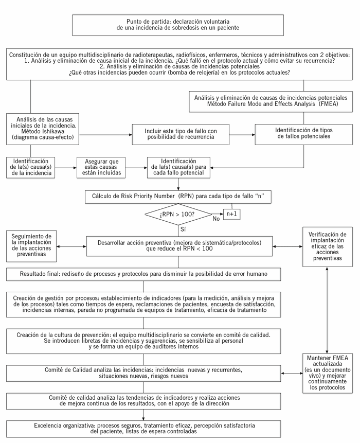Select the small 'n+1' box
pyautogui.click(x=232, y=212)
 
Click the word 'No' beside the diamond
pyautogui.click(x=215, y=219)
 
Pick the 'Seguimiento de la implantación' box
pyautogui.click(x=32, y=244)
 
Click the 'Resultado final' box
pyautogui.click(x=143, y=274)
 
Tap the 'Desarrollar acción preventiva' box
pyautogui.click(x=179, y=245)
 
